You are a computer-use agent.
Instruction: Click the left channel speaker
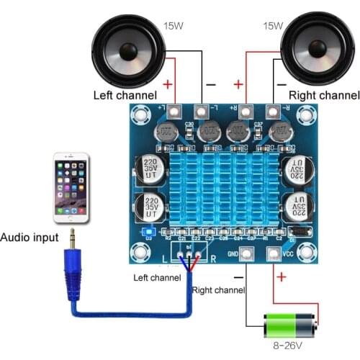pyautogui.click(x=129, y=51)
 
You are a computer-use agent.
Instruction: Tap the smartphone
pyautogui.click(x=71, y=187)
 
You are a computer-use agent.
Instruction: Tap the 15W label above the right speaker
pyautogui.click(x=273, y=27)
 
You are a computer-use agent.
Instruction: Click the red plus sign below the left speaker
pyautogui.click(x=168, y=84)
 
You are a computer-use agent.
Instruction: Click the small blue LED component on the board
pyautogui.click(x=150, y=231)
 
